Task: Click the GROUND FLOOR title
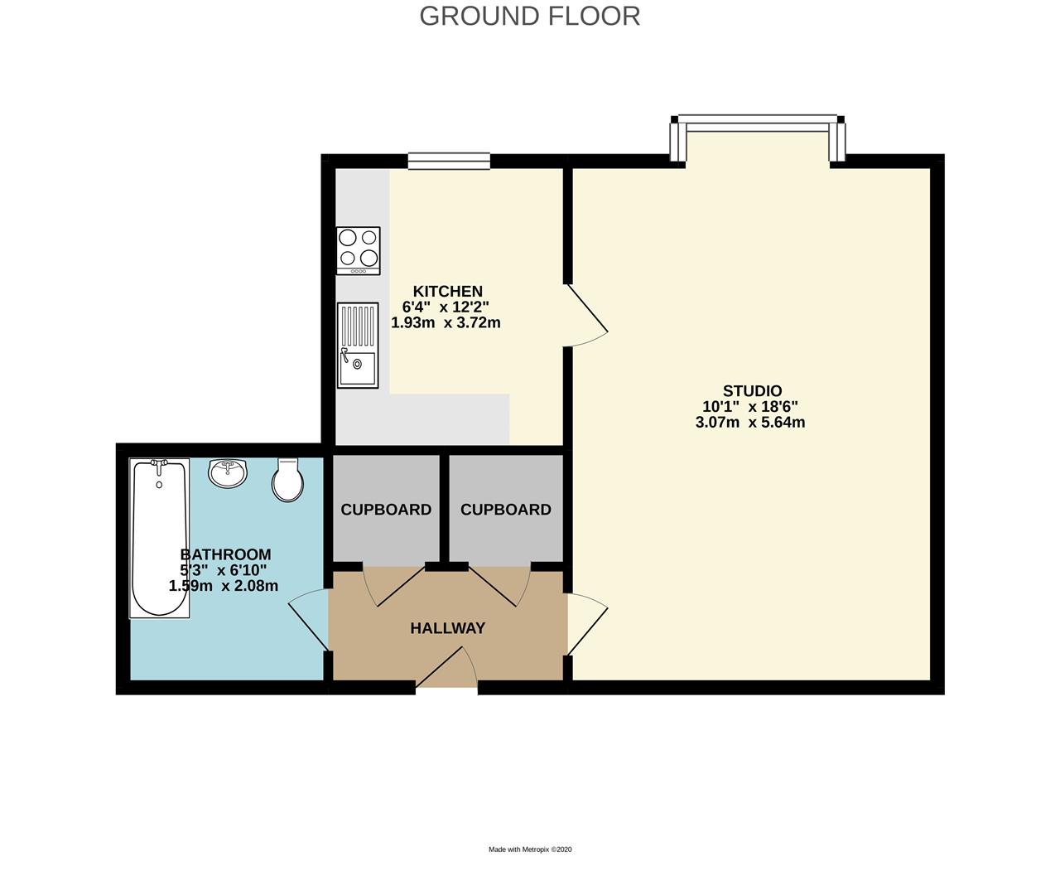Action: point(529,17)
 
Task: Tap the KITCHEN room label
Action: point(447,292)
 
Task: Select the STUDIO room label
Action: point(752,391)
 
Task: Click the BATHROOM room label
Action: point(225,554)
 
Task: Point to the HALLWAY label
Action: point(447,628)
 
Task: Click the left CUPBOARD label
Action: point(386,510)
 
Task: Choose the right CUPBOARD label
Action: point(505,510)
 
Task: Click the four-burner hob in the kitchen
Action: point(359,250)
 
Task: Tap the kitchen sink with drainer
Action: point(358,345)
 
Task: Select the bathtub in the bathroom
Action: point(159,538)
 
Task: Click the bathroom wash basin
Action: point(227,473)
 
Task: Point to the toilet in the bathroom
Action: point(287,480)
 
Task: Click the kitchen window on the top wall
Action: point(448,161)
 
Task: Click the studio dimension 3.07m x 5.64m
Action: point(750,423)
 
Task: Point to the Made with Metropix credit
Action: point(530,849)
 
